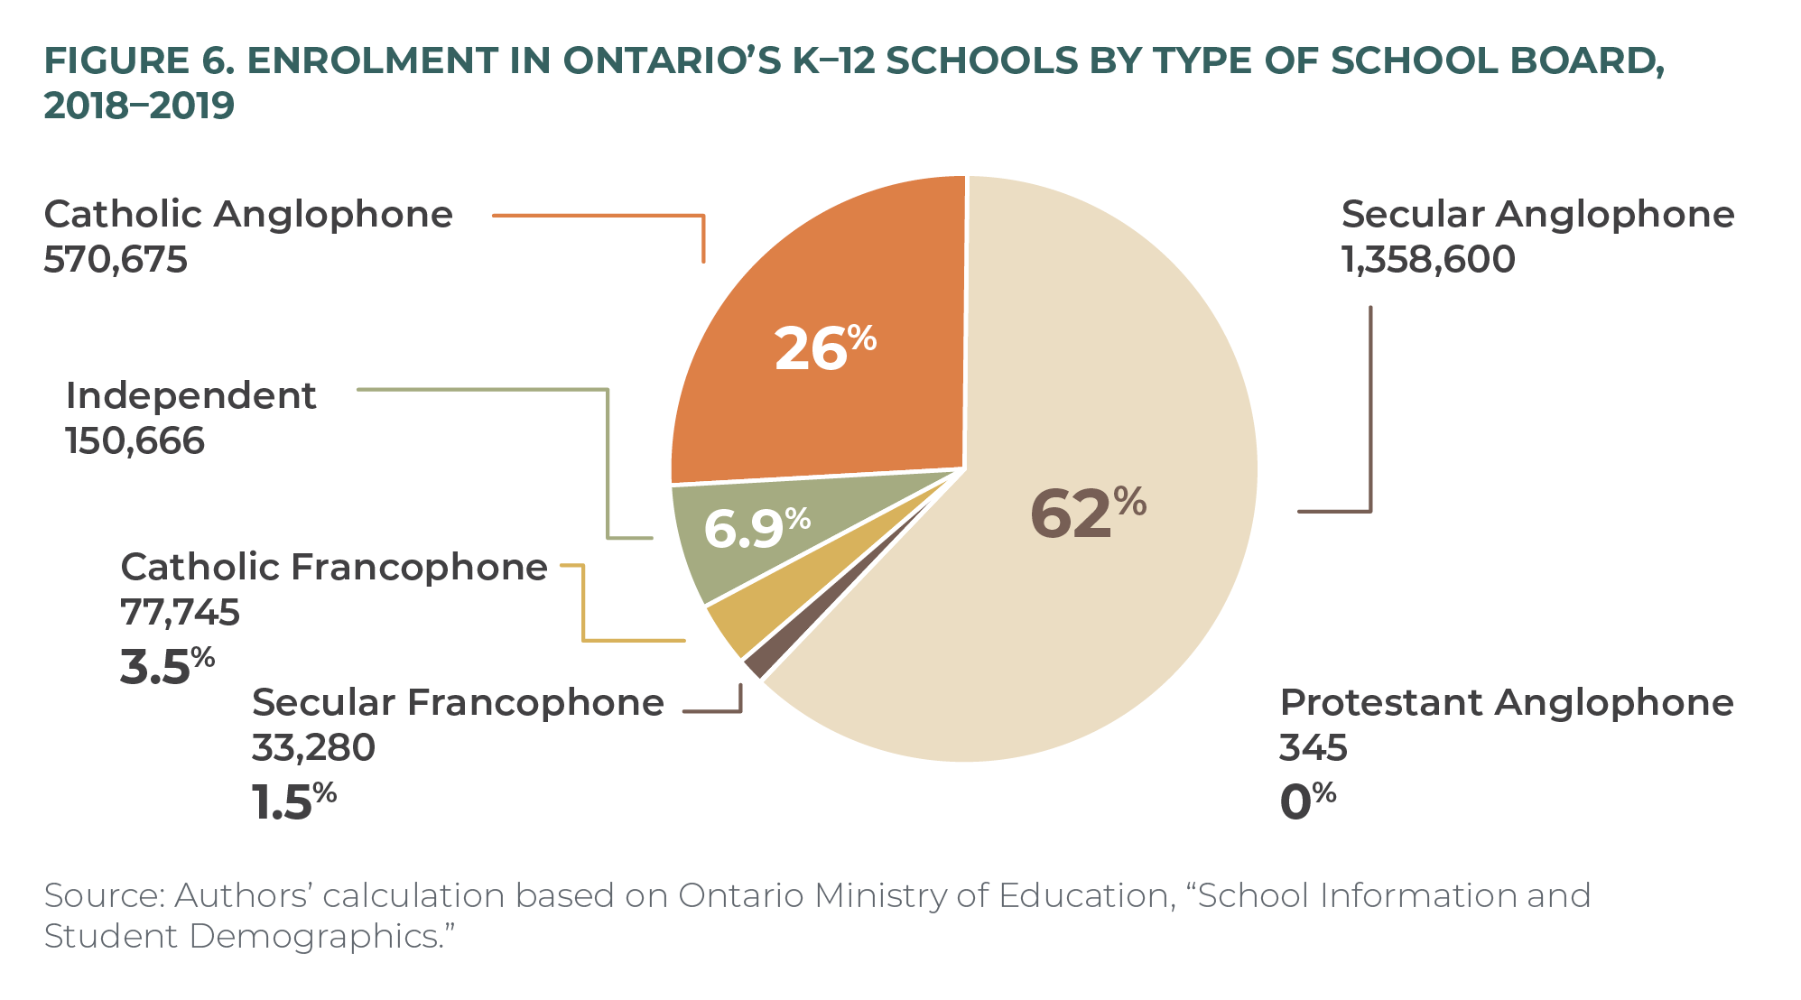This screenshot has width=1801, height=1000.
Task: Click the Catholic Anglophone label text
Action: [248, 215]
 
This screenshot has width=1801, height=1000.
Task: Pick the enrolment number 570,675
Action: [116, 260]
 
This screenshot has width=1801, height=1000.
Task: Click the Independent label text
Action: [190, 396]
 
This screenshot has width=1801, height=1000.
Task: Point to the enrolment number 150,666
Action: [135, 441]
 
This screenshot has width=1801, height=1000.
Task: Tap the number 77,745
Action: [181, 613]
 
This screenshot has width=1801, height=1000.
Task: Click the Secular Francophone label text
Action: [458, 703]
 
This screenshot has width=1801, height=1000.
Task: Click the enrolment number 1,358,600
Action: [1428, 260]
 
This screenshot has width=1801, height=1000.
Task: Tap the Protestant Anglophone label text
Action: [1506, 703]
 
